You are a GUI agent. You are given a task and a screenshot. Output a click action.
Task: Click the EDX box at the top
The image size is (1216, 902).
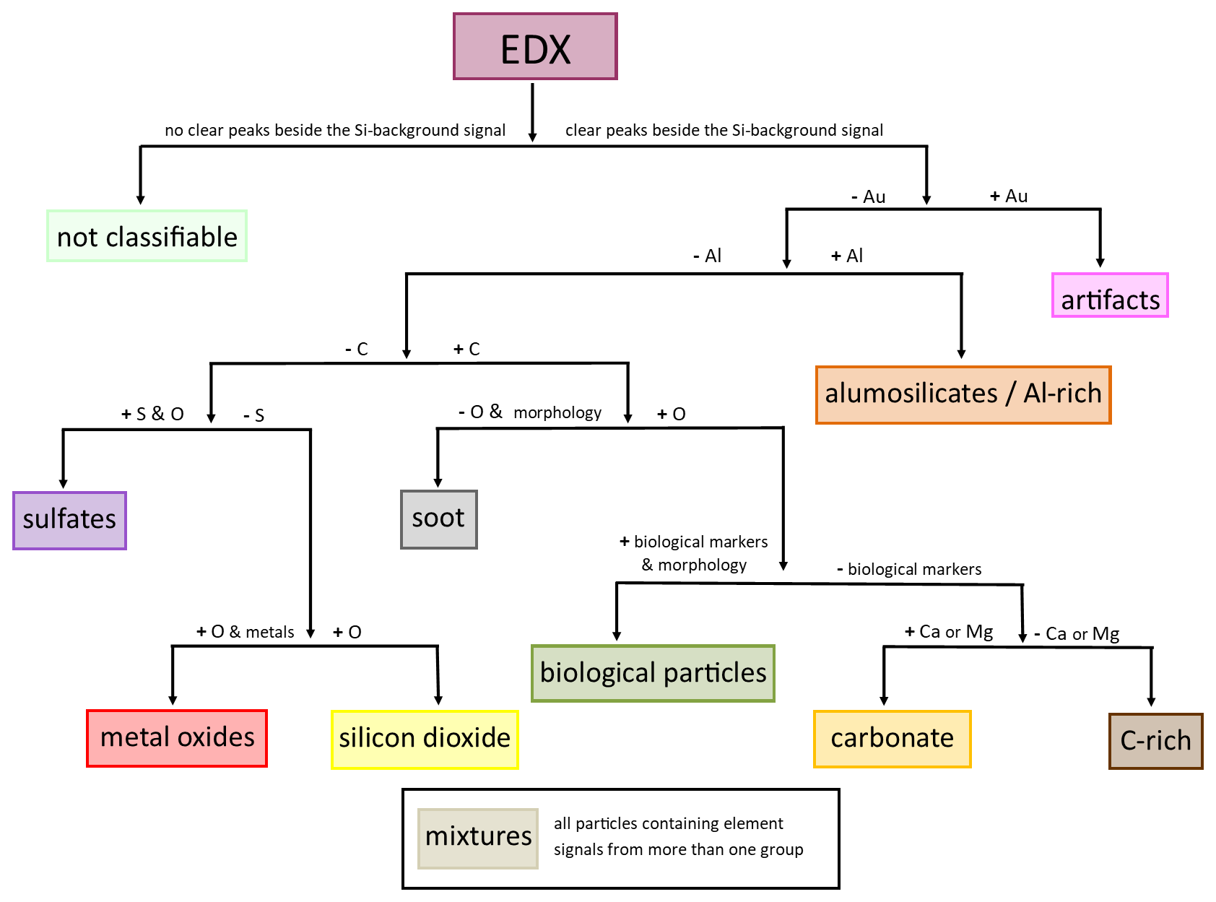point(535,46)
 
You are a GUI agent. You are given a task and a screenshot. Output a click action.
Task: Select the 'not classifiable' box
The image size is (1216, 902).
point(147,236)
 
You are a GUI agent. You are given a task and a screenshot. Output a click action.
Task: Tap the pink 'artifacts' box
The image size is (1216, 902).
point(1110,295)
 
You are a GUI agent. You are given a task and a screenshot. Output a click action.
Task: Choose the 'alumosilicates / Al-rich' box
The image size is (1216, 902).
point(963,394)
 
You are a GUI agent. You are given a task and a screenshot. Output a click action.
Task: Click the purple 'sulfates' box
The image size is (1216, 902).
point(69,521)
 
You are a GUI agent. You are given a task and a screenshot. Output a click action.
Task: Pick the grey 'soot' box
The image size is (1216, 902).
point(439,519)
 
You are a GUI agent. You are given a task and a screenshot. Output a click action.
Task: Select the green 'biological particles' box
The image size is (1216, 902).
point(653,673)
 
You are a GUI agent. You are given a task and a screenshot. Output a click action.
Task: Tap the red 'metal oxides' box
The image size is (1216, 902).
point(177,738)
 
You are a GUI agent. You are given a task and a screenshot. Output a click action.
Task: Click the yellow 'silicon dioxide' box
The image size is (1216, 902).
point(425,740)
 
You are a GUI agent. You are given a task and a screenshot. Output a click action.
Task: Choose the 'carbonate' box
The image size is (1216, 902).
point(892,739)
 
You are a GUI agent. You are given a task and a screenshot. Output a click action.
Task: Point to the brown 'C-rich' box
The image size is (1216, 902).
point(1155,741)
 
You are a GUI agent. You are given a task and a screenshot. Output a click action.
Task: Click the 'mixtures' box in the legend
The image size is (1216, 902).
point(478,838)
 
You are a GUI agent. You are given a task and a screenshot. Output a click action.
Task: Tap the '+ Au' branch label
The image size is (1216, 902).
point(1009,196)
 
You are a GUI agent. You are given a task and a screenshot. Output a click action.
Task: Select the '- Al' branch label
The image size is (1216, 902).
point(707,256)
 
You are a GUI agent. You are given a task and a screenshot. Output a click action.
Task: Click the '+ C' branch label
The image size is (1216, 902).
point(466,350)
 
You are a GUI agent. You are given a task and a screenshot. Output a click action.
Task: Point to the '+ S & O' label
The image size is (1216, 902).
point(152,415)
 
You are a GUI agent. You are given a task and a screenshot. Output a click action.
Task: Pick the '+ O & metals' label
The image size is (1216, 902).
point(246,633)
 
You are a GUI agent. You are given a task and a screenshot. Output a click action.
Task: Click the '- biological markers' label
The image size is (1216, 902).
point(909,570)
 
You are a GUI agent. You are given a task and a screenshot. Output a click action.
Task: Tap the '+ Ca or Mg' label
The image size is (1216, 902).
point(949,633)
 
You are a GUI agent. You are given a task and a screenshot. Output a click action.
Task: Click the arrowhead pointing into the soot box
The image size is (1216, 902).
point(438,482)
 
